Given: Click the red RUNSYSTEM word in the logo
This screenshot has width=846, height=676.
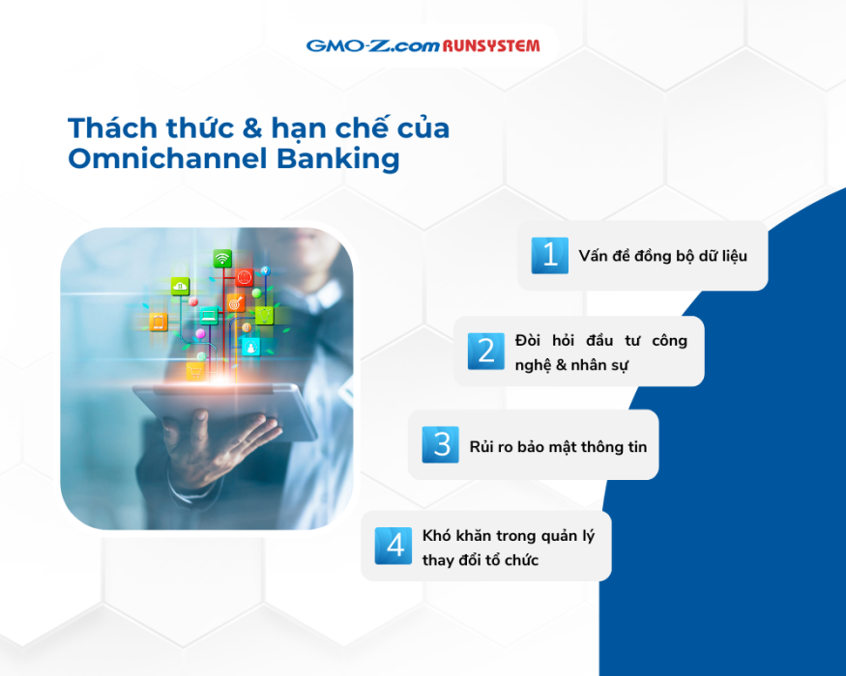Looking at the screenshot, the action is point(491,45).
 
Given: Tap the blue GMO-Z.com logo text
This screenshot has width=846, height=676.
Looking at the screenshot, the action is point(373,45).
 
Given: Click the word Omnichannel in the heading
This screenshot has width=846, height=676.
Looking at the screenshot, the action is point(168,158).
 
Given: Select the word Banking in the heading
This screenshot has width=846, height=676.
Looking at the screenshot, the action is point(338,160).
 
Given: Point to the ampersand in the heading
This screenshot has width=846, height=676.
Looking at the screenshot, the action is point(252,128).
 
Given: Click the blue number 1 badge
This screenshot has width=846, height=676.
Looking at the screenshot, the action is point(550,256).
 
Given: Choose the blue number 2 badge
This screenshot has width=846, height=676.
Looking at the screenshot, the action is point(486,352).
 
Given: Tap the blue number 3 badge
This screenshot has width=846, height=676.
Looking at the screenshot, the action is point(440,445).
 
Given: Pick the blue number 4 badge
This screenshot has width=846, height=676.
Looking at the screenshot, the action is point(394,546).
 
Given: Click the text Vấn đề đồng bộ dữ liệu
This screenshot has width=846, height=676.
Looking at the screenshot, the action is point(663,256).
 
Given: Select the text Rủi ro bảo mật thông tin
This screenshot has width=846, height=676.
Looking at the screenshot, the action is point(559,446).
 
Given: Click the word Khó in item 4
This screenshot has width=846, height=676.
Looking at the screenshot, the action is point(436,535).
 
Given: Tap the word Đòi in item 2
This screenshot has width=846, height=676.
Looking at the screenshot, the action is point(528,340).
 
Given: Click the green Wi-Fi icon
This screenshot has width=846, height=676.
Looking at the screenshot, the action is point(222,259).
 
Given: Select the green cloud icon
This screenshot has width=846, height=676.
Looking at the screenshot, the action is point(180,286).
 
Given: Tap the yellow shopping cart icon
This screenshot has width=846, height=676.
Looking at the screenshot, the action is point(194,371).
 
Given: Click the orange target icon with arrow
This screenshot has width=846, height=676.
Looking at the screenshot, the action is point(236,303).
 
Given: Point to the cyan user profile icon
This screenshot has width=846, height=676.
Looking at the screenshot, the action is point(250,347).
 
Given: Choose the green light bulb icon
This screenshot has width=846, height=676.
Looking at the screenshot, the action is point(264,315).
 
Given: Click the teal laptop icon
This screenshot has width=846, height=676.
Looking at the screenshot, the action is point(209,316).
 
